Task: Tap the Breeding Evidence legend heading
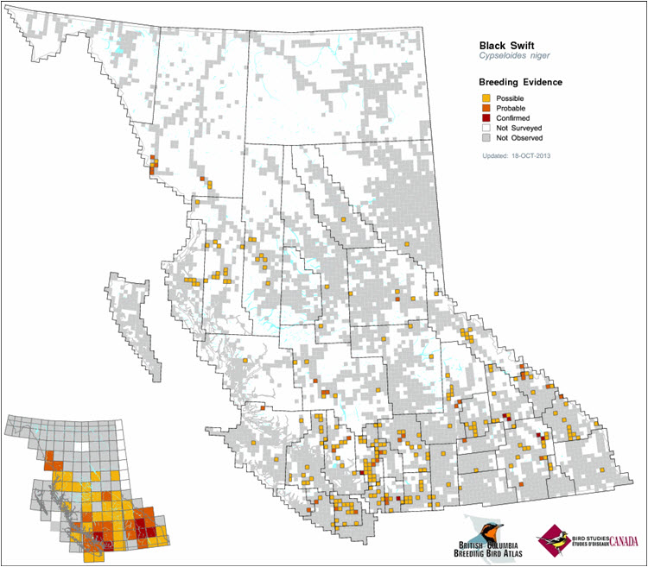[x=520, y=82]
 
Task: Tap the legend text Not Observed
[x=520, y=136]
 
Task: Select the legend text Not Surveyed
[x=520, y=127]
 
